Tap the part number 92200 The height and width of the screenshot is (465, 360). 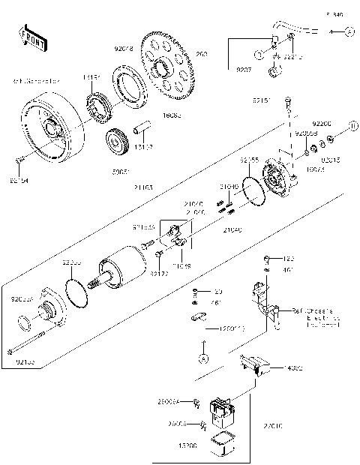click(322, 122)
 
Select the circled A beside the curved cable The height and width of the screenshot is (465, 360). click(349, 31)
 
